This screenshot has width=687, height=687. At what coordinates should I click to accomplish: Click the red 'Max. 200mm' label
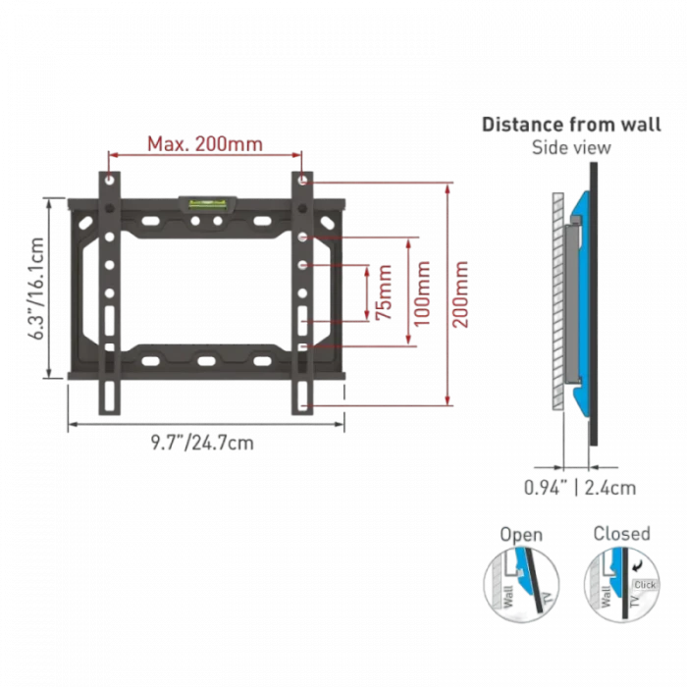click(205, 144)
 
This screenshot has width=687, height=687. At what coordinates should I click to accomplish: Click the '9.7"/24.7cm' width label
click(203, 444)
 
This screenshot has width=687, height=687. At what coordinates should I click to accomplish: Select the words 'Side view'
click(570, 148)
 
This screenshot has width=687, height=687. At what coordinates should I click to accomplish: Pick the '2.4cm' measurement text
click(608, 485)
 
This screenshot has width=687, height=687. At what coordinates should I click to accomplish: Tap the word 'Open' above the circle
click(521, 536)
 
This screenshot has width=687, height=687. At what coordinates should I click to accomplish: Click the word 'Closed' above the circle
click(621, 534)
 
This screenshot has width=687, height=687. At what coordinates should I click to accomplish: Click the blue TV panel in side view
click(583, 294)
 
